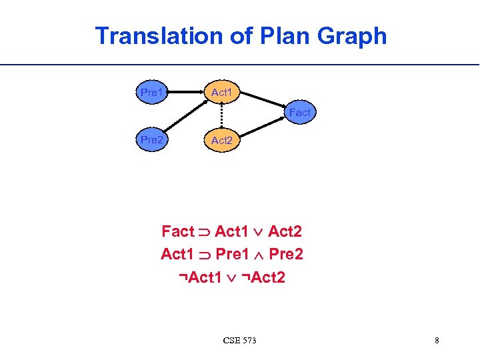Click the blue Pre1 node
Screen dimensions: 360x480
(x=152, y=93)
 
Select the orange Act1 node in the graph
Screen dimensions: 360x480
(x=221, y=93)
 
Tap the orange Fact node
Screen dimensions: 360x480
(x=299, y=113)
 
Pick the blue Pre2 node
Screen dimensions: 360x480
(x=152, y=140)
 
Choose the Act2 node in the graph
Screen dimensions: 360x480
(x=221, y=141)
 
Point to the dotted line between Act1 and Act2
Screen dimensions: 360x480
(x=221, y=117)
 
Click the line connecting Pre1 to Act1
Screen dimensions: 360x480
(x=187, y=93)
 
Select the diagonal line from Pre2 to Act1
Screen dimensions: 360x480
(x=184, y=119)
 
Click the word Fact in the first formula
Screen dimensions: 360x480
(x=177, y=232)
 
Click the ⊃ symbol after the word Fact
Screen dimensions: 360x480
(x=204, y=233)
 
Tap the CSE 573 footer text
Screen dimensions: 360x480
(x=240, y=341)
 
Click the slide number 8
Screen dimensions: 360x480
(x=437, y=341)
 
